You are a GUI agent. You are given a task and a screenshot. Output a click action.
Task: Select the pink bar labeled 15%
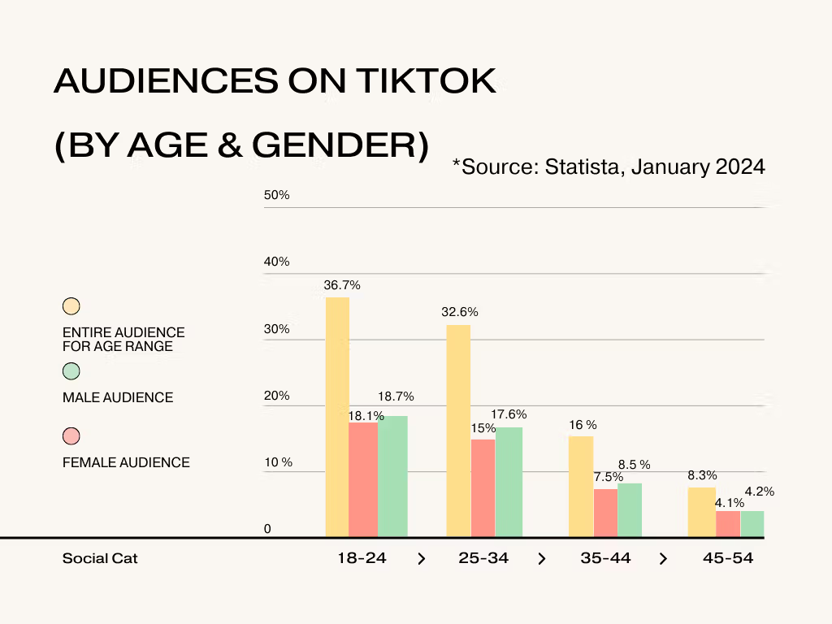click(x=483, y=488)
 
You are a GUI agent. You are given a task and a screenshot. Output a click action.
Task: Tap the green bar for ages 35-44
click(x=630, y=510)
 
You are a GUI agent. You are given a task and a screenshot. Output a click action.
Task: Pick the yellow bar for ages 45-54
click(x=701, y=512)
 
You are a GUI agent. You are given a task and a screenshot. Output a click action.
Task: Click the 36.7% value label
click(x=342, y=285)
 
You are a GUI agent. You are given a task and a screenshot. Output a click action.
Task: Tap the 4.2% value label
click(x=759, y=492)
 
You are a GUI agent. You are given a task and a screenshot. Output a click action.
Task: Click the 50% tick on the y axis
click(x=276, y=196)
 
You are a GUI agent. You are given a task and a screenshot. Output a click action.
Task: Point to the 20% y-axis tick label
click(x=276, y=396)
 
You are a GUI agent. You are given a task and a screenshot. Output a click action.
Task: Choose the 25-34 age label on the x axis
click(x=483, y=558)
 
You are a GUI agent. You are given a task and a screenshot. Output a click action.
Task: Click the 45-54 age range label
click(x=727, y=558)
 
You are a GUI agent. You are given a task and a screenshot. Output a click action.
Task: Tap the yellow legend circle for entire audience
click(x=71, y=306)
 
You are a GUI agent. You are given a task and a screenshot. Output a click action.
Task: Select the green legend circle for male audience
click(x=71, y=371)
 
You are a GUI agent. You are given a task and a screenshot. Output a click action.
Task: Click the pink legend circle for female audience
click(x=71, y=436)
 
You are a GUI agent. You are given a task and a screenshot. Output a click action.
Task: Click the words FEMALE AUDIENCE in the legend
click(x=126, y=462)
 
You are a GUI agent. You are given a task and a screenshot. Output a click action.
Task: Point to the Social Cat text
click(x=100, y=559)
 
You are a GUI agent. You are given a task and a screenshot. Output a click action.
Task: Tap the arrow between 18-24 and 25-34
click(x=421, y=559)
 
